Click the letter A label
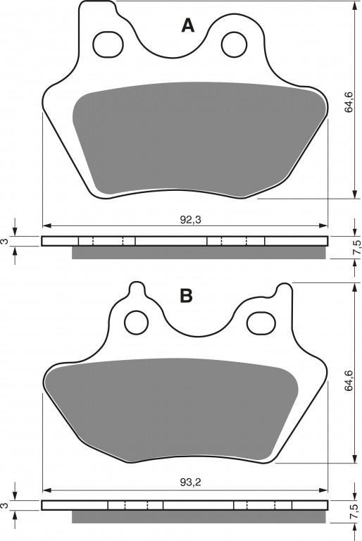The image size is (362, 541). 188,25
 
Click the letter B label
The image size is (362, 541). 187,296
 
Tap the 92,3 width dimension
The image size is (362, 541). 190,220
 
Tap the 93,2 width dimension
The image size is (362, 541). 190,483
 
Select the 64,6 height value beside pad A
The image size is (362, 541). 349,101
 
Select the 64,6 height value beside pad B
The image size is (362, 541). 349,380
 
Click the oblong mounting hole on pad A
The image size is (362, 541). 108,44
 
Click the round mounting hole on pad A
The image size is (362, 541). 235,44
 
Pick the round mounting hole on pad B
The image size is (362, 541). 137,322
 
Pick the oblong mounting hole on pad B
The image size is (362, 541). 262,322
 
